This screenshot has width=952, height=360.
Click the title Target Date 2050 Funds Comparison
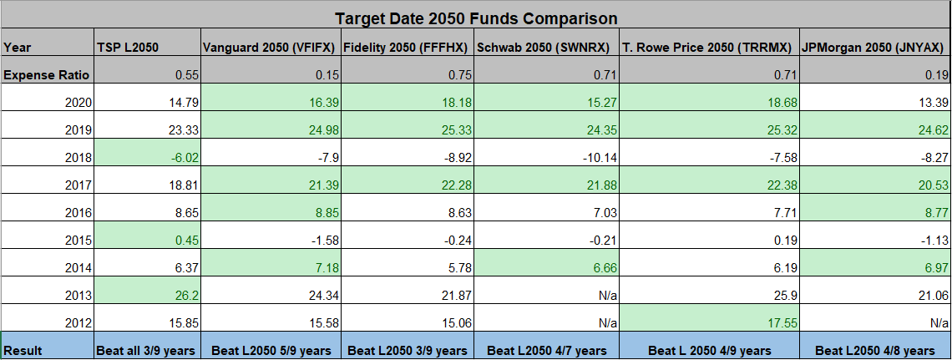pos(476,18)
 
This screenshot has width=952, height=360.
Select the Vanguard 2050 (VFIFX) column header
pos(271,46)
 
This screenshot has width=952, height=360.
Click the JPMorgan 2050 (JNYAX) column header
pos(874,46)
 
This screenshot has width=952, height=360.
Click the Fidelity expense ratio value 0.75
pos(452,75)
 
